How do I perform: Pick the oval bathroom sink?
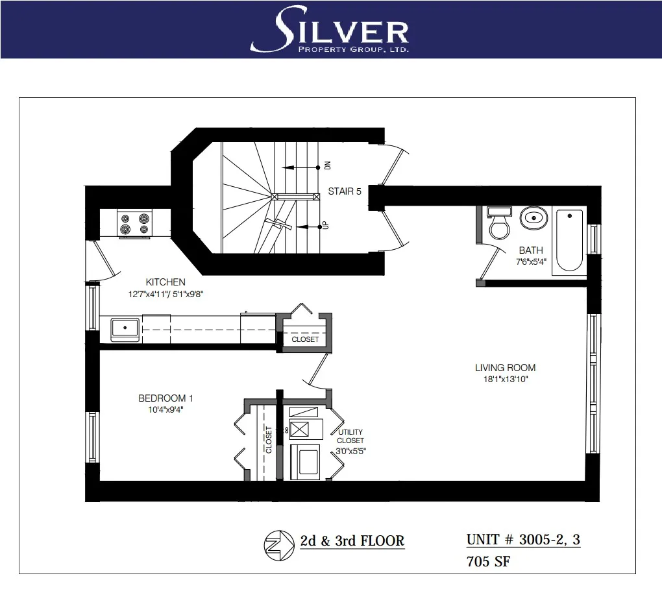tap(533, 217)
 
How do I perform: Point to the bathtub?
tap(569, 241)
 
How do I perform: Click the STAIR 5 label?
tap(344, 191)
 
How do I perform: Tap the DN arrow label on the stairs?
tap(327, 167)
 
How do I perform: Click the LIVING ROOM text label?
tap(505, 368)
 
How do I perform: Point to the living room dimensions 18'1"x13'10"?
tap(505, 379)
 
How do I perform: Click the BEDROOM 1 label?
tap(165, 398)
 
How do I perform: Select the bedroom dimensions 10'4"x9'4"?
tap(165, 409)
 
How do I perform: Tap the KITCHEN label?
tap(165, 282)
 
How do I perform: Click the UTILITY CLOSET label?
tap(350, 437)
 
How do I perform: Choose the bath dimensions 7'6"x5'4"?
tap(531, 261)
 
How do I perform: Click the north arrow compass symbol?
tap(278, 544)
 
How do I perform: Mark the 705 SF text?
tap(488, 562)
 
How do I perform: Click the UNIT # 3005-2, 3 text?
tap(523, 540)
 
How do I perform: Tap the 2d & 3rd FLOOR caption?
tap(352, 541)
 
